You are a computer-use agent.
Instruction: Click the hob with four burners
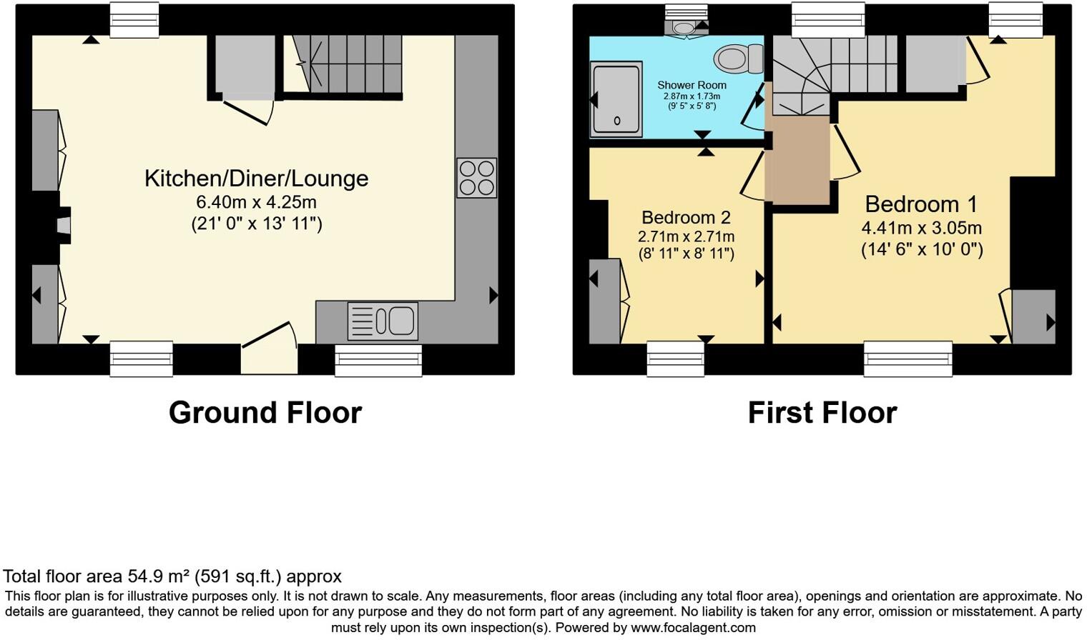pos(477,178)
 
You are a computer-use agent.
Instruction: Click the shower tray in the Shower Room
pos(616,99)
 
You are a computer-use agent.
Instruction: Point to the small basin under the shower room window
pos(684,28)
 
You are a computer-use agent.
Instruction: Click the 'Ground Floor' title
pos(265,413)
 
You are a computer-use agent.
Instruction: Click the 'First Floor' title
pos(822,413)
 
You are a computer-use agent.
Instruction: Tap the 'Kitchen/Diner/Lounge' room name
pos(256,178)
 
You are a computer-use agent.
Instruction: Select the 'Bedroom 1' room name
pos(920,204)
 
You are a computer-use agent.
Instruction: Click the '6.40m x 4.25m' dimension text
pos(256,202)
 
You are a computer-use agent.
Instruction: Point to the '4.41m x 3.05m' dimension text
pos(921,229)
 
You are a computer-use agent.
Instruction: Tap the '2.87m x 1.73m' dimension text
pos(692,96)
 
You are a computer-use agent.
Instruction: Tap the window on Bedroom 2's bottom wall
pos(675,358)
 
